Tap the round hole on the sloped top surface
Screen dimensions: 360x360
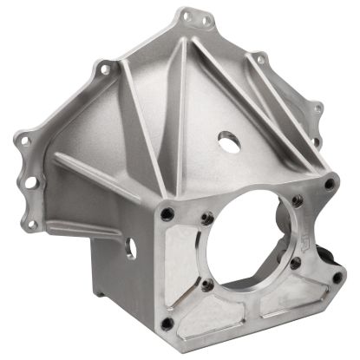click(227, 139)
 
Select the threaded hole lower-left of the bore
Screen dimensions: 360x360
click(206, 283)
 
